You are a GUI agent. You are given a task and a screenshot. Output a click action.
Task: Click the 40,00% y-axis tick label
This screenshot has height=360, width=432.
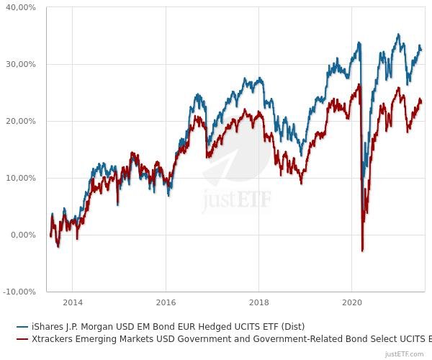[21, 7]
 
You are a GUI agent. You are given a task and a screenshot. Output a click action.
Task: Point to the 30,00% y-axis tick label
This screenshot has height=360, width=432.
[21, 64]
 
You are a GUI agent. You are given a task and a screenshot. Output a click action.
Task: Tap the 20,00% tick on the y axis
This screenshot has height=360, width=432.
[21, 121]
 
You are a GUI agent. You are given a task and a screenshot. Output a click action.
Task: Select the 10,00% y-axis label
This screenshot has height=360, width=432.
[21, 178]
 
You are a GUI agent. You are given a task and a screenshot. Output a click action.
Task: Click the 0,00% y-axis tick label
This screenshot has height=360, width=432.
[23, 235]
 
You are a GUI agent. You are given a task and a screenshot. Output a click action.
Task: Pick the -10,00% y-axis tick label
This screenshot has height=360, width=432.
[19, 292]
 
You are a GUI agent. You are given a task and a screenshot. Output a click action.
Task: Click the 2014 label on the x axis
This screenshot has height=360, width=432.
[73, 302]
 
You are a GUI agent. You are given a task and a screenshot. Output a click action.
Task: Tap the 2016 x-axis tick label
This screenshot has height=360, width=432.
[166, 302]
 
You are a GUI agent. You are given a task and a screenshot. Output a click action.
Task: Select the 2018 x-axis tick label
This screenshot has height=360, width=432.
[258, 302]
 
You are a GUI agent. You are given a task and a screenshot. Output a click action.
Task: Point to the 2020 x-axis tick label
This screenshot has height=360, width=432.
[351, 302]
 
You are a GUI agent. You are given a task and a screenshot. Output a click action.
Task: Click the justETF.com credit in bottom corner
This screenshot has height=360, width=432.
[405, 354]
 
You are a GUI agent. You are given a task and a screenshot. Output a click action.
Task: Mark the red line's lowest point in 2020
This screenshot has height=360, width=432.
[362, 251]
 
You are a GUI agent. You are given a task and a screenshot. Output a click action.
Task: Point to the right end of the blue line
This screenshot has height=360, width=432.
[422, 50]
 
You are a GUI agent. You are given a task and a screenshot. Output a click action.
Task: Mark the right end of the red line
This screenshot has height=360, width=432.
[422, 102]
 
